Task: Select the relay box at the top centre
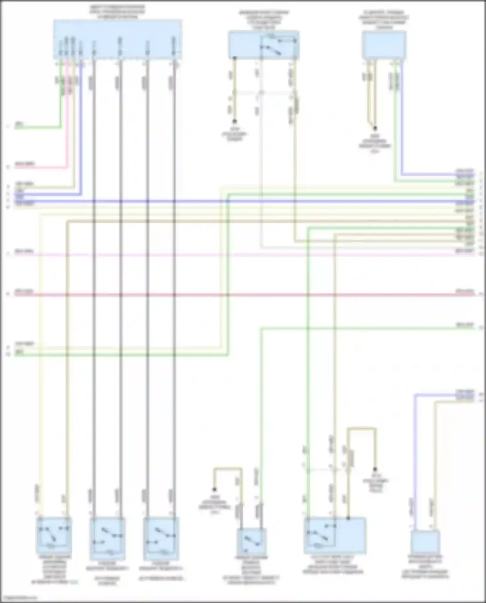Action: (x=263, y=45)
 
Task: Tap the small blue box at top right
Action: (x=384, y=44)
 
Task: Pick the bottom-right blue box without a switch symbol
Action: (x=425, y=541)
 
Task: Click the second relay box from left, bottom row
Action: (x=108, y=538)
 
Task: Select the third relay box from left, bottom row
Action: (x=161, y=538)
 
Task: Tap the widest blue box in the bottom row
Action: (x=335, y=535)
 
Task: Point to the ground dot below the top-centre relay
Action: (x=234, y=122)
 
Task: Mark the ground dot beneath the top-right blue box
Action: (x=375, y=128)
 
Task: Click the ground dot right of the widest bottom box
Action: (x=375, y=469)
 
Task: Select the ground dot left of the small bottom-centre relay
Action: (x=214, y=489)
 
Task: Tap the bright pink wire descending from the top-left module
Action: (x=68, y=130)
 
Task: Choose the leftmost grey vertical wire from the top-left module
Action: (x=94, y=324)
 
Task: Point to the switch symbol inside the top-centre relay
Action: (x=271, y=49)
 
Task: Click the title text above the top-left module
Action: (x=118, y=12)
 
